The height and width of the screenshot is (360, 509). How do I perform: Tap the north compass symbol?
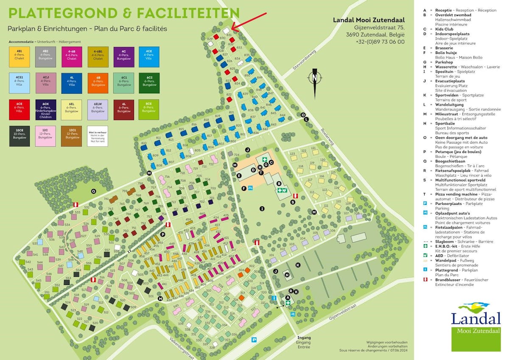tap(314, 78)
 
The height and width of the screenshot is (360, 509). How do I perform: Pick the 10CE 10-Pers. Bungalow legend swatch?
tap(20, 136)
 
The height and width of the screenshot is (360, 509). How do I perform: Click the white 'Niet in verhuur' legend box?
tap(98, 136)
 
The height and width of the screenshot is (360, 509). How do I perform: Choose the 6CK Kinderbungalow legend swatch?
tap(45, 110)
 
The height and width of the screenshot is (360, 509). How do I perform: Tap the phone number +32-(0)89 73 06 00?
tap(380, 42)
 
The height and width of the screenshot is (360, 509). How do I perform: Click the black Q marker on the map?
tap(94, 191)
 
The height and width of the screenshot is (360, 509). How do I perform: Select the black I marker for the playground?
tap(262, 208)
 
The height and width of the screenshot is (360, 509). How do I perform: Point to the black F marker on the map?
tap(244, 188)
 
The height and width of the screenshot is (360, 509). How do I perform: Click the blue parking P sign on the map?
tap(254, 339)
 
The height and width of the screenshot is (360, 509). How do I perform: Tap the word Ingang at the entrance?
tap(304, 338)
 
